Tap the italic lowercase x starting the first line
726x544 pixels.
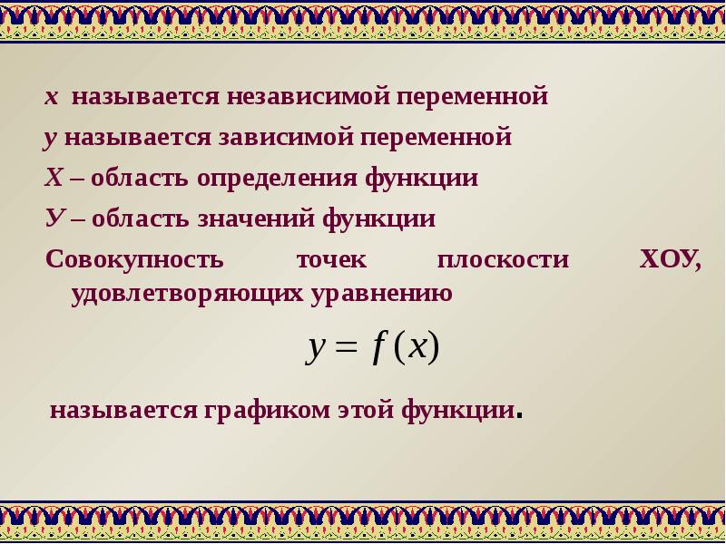[x=52, y=97]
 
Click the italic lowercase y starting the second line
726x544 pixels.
[x=50, y=140]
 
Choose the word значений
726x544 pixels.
[x=257, y=219]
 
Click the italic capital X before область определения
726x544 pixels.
[x=54, y=178]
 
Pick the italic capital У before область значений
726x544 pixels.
[x=54, y=219]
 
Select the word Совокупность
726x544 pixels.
[x=134, y=259]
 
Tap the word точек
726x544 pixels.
[x=331, y=260]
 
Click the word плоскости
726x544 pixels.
[x=504, y=260]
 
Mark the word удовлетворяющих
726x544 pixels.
[x=188, y=294]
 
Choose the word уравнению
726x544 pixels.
[x=381, y=294]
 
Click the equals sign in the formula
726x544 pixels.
[x=347, y=347]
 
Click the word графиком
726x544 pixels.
[x=267, y=411]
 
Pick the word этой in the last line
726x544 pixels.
[x=366, y=410]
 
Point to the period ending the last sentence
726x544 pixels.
[x=519, y=416]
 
